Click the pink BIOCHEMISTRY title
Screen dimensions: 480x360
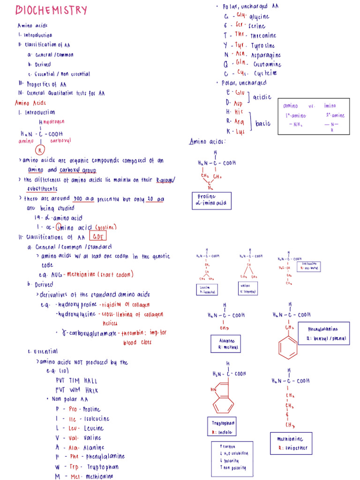52,10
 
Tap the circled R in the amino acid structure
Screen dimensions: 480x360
41,150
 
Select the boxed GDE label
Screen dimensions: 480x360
97,237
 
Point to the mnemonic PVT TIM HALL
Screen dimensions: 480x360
76,381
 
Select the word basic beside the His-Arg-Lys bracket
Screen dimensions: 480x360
263,124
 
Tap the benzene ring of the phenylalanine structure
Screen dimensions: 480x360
287,347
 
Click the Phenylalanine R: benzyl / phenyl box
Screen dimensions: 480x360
323,333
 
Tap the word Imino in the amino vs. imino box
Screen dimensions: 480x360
330,106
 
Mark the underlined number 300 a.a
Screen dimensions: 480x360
84,199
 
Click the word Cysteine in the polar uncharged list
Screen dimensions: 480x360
265,73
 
